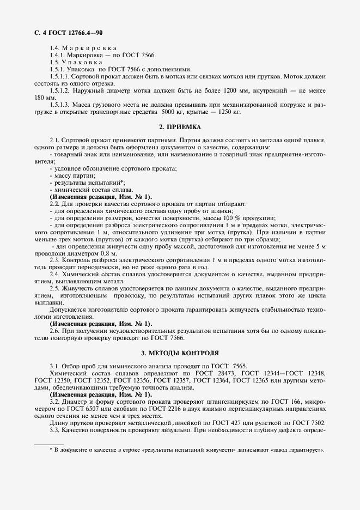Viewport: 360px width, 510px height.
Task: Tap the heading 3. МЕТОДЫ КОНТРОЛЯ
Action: point(180,353)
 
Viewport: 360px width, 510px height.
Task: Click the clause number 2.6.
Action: point(54,331)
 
